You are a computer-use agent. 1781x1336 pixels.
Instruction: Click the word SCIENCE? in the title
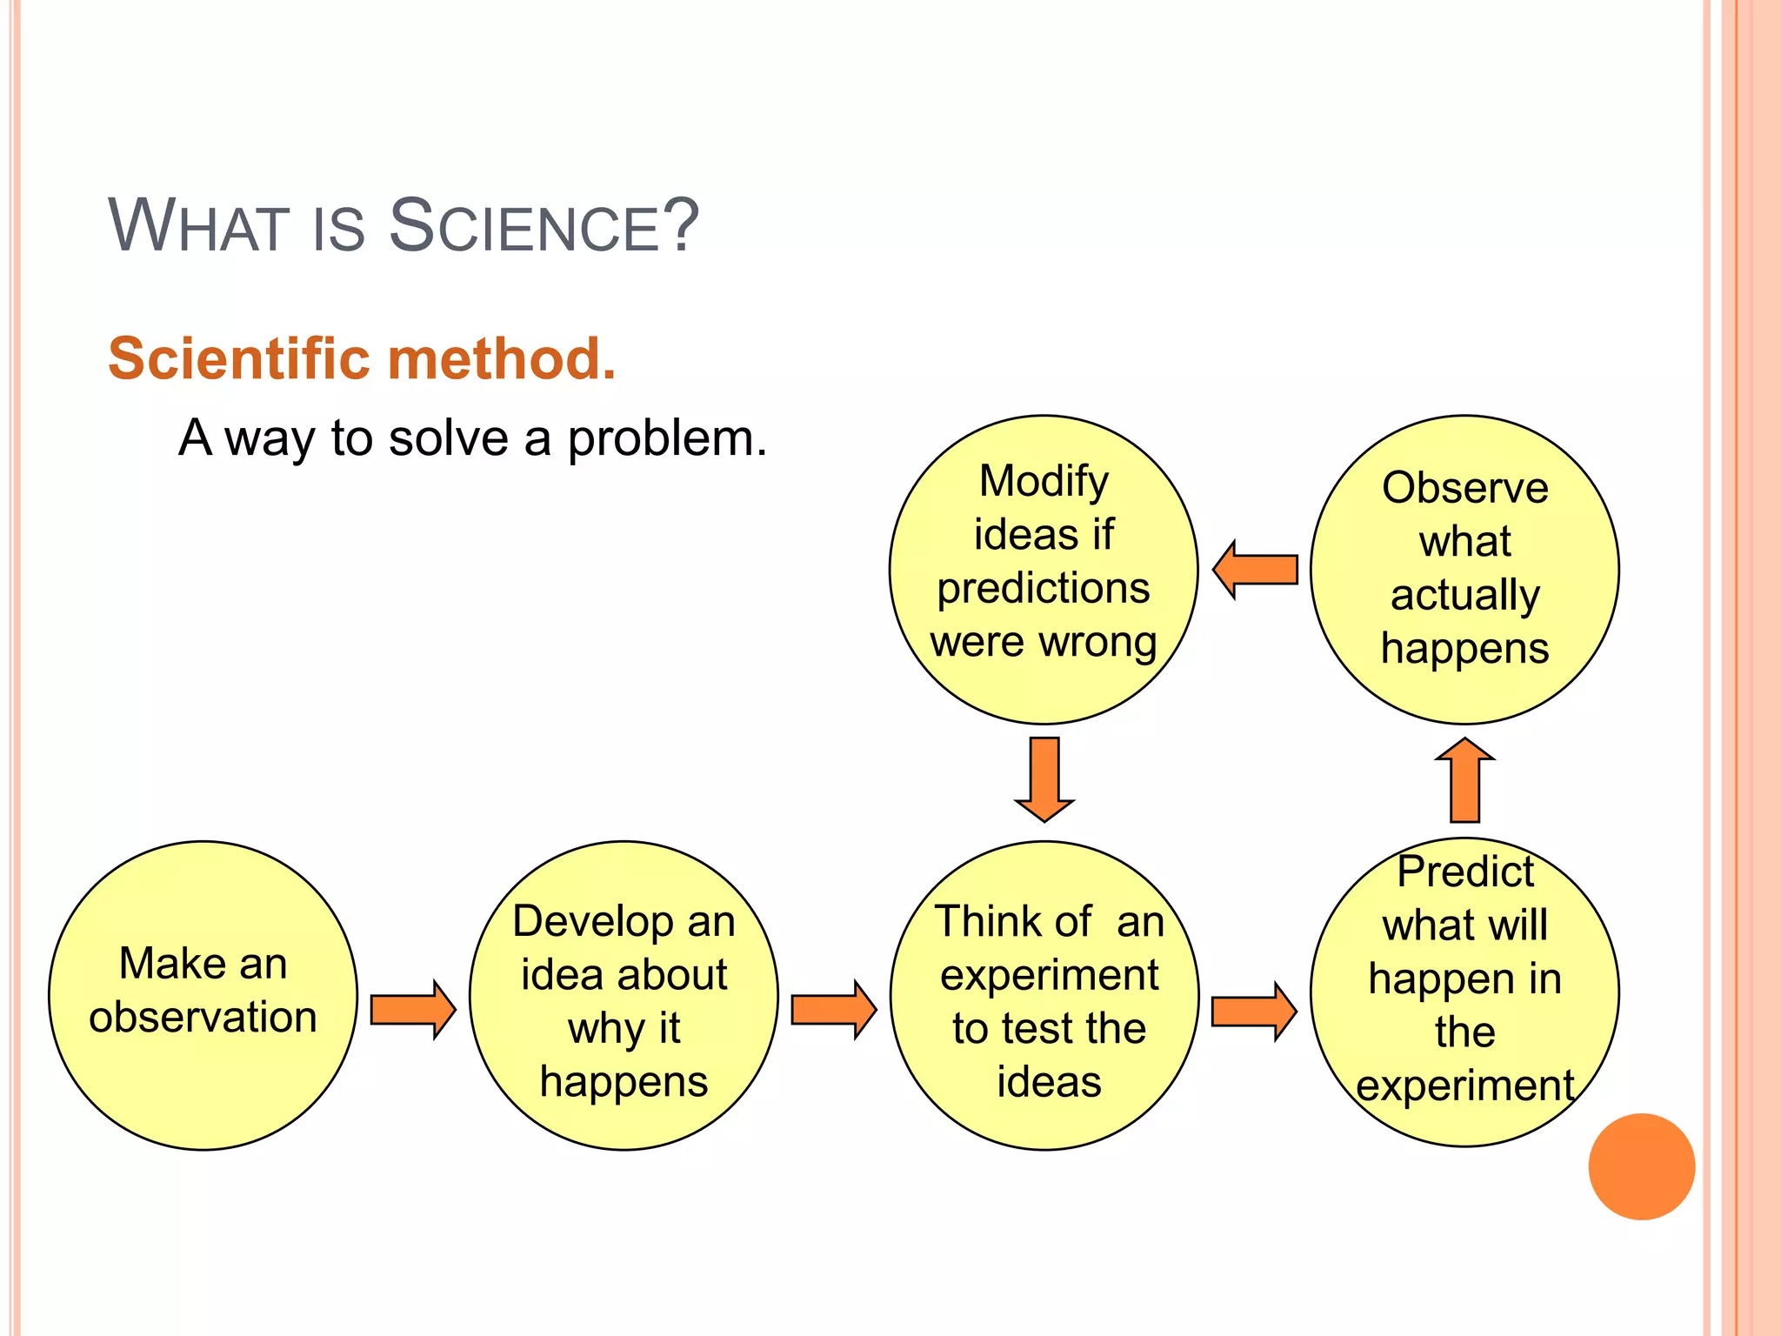[544, 226]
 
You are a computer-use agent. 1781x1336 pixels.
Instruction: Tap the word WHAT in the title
[198, 226]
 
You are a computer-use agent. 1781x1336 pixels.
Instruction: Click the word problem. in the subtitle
[667, 438]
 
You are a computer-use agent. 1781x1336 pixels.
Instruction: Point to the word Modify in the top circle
[1044, 481]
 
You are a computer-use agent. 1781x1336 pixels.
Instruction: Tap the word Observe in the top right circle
[1464, 487]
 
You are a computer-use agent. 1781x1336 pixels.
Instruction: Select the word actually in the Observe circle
[1464, 596]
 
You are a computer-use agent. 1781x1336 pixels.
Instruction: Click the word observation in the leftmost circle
[203, 1017]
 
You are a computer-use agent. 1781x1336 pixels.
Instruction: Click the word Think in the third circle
[1012, 921]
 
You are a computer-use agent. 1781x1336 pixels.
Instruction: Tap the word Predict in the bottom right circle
[1464, 872]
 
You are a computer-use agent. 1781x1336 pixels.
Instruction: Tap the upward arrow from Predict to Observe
[1464, 780]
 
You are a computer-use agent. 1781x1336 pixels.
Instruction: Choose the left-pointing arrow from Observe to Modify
[1256, 570]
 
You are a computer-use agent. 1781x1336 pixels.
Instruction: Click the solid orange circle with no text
[1641, 1166]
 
